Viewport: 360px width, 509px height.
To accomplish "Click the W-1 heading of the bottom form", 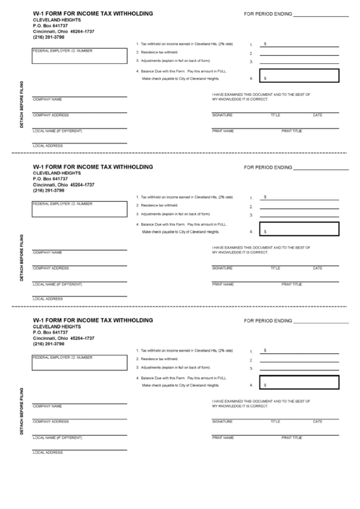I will click(x=92, y=320).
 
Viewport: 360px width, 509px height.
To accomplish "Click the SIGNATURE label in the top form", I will click(x=222, y=115).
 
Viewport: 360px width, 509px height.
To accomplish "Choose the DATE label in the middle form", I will click(x=317, y=268).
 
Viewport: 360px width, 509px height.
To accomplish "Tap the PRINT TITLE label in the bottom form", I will click(x=291, y=436).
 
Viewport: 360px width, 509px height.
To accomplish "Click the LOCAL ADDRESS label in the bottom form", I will click(x=48, y=452).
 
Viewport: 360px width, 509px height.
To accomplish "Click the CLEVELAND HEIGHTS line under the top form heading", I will click(x=57, y=20).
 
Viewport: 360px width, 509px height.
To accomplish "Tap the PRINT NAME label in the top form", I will click(x=223, y=130).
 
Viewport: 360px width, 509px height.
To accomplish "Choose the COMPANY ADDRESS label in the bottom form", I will click(x=51, y=421).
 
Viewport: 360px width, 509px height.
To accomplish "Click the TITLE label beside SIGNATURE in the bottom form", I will click(x=275, y=421).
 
